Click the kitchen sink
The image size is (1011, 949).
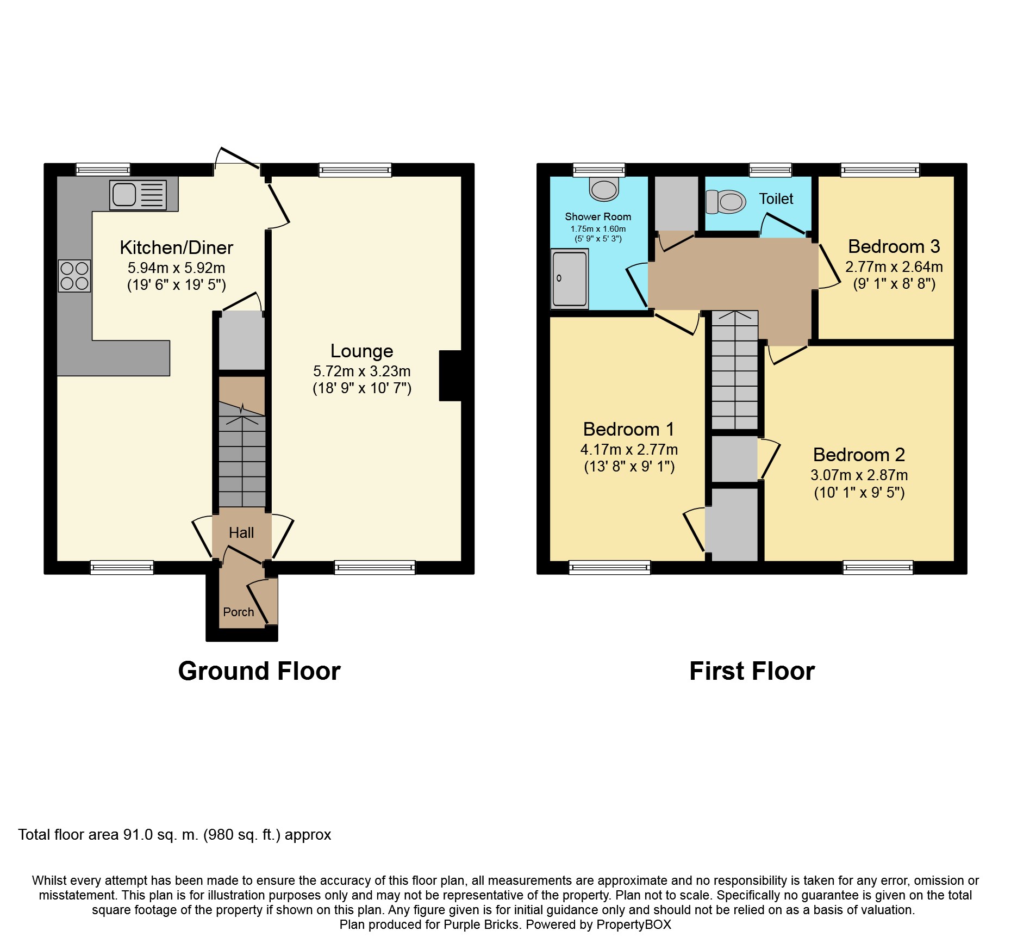click(138, 195)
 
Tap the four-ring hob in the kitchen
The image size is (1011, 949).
click(74, 276)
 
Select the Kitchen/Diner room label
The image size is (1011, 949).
click(176, 247)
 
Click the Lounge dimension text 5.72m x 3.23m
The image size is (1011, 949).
click(361, 371)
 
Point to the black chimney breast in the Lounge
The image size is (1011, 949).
click(450, 376)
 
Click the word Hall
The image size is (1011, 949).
click(241, 532)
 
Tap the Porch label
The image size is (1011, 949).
click(238, 612)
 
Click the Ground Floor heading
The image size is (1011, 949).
click(259, 671)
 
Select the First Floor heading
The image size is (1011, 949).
click(752, 671)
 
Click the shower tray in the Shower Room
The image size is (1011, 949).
click(570, 278)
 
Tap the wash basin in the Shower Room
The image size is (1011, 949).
click(604, 189)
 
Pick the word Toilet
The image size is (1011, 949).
click(776, 199)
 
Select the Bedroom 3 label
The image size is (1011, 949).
click(894, 246)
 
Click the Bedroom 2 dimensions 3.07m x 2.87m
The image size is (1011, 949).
click(859, 475)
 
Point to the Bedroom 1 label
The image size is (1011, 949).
click(629, 429)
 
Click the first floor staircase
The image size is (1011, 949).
click(735, 370)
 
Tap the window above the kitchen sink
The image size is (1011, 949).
click(103, 170)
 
